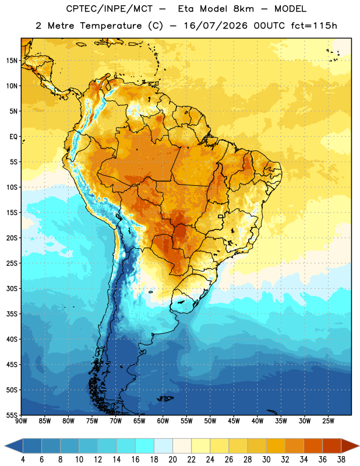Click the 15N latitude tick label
(12, 61)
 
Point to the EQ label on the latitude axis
(13, 137)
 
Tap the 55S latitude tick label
(12, 415)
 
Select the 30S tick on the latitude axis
(12, 288)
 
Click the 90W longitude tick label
(21, 421)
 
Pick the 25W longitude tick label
(328, 421)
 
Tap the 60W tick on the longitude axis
(163, 421)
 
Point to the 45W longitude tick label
(234, 421)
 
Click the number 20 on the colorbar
(172, 460)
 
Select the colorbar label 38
(341, 460)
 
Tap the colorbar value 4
(23, 460)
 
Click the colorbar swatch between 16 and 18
(144, 446)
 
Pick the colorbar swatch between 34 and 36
(313, 446)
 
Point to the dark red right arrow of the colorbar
(350, 446)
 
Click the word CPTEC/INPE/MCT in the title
(109, 9)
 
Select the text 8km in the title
(243, 9)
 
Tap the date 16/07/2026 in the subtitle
(216, 26)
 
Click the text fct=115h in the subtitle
(314, 26)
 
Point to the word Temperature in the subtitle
(111, 26)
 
